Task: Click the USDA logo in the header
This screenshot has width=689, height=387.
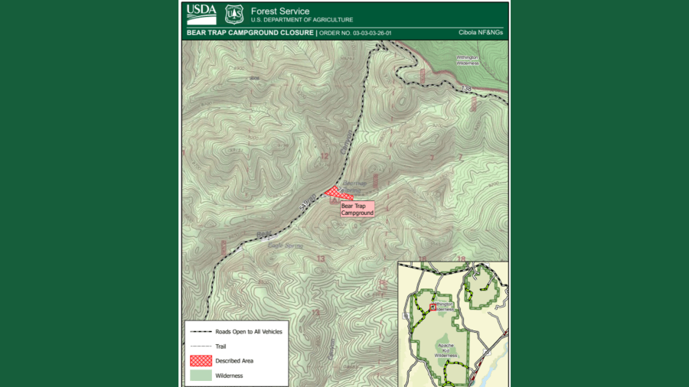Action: click(x=201, y=14)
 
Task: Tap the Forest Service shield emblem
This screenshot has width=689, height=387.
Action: click(x=234, y=14)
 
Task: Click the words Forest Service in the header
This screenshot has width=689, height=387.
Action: click(x=280, y=11)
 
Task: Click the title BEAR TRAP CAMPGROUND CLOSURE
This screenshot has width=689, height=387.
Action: click(x=250, y=33)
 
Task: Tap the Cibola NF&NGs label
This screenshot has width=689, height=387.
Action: click(x=480, y=33)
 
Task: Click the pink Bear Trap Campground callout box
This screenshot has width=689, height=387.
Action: click(x=357, y=209)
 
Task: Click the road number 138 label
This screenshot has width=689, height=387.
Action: click(x=466, y=89)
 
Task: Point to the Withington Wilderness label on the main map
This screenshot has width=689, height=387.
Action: click(x=468, y=60)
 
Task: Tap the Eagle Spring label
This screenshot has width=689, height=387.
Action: click(x=286, y=246)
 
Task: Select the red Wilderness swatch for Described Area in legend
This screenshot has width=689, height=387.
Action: click(x=201, y=360)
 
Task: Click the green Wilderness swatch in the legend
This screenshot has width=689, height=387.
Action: click(x=201, y=376)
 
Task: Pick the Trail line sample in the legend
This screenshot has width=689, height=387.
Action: click(x=201, y=346)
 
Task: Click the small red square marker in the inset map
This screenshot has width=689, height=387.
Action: click(x=432, y=307)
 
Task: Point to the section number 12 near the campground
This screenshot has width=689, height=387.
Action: click(x=324, y=156)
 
